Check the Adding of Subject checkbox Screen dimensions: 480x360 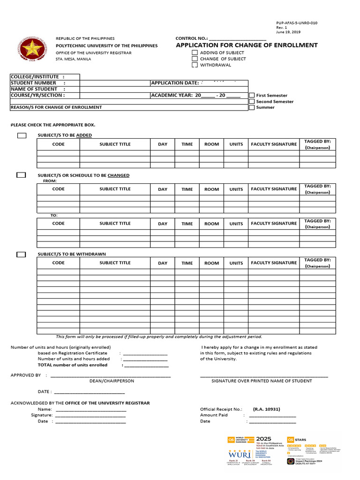195,53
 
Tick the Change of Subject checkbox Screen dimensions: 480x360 195,59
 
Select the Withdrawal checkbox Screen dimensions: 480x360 195,65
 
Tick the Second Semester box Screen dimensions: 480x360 252,101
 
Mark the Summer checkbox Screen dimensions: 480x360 252,107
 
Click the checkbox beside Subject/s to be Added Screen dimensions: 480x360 22,135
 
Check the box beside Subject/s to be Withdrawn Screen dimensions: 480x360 21,255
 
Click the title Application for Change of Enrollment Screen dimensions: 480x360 247,45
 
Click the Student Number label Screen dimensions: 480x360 33,83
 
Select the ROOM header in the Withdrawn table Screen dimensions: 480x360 211,263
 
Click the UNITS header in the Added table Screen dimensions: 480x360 236,144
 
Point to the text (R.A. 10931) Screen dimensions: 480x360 266,409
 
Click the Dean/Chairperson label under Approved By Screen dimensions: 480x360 112,381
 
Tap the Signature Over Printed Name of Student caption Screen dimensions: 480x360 262,381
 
